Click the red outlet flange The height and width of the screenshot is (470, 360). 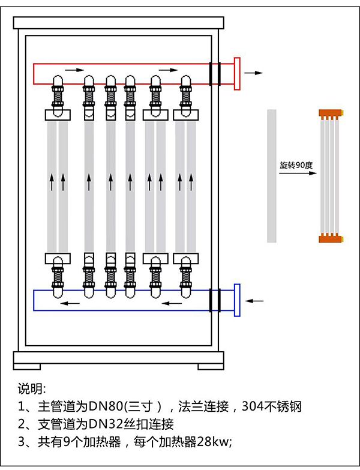click(x=237, y=73)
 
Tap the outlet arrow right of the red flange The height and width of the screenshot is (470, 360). click(x=254, y=73)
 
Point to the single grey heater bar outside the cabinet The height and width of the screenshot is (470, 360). click(x=272, y=176)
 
